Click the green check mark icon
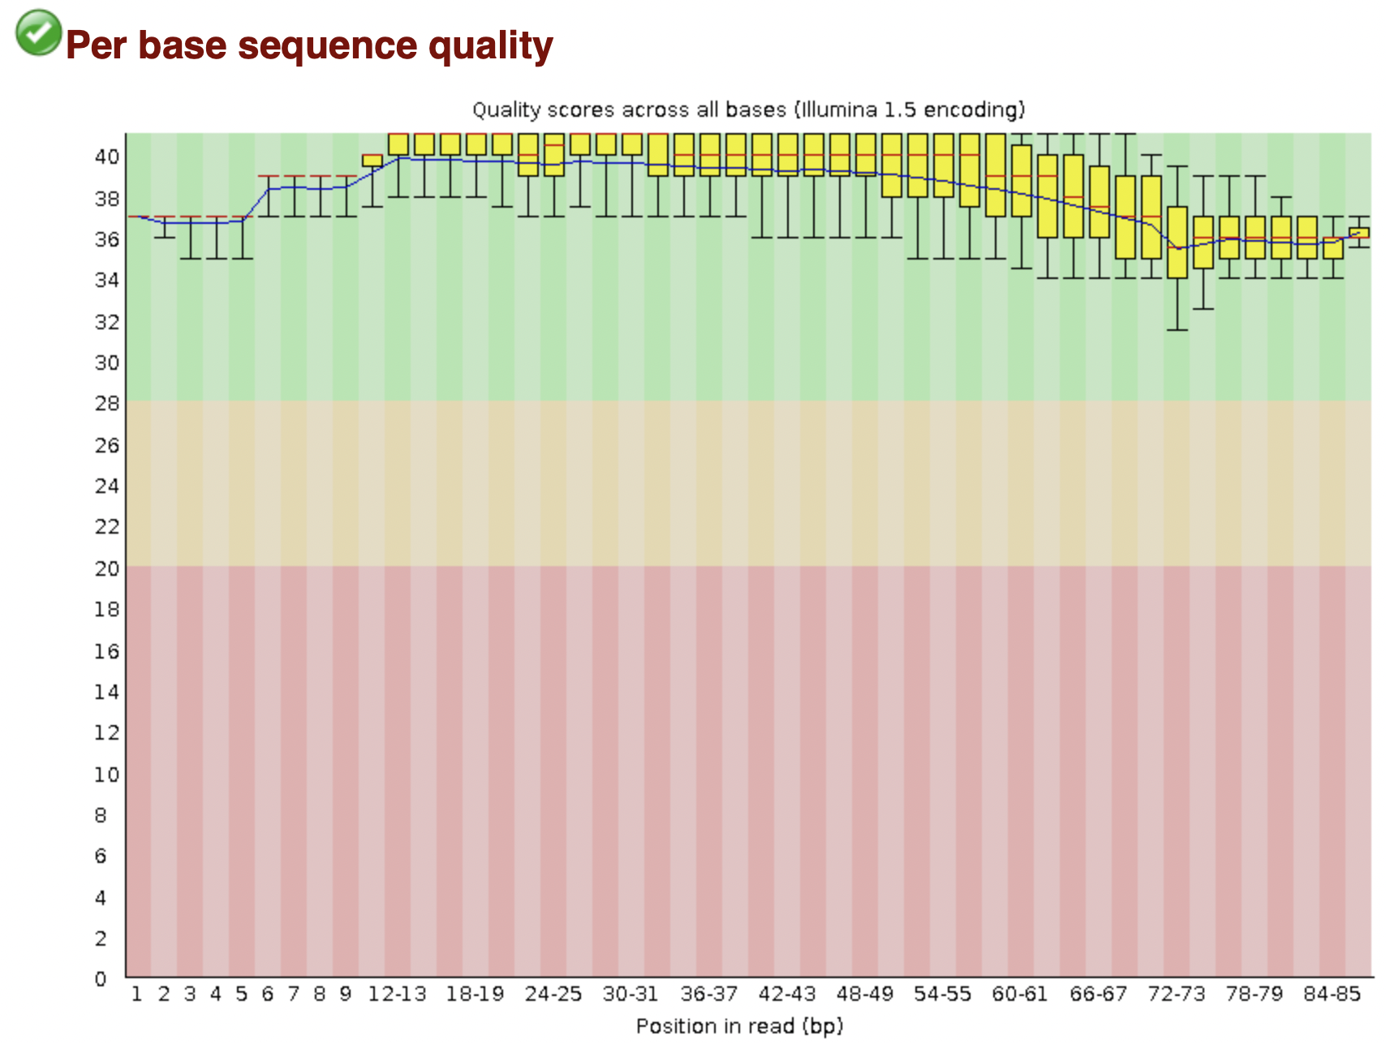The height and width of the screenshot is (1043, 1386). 38,32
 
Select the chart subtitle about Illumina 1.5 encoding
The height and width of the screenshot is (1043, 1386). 748,109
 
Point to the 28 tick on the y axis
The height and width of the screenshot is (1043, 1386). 107,404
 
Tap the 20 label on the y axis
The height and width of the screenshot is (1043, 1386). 107,569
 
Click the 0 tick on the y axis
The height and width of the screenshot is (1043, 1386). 101,979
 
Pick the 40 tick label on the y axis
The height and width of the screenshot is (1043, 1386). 107,157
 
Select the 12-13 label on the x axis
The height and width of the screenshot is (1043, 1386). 397,994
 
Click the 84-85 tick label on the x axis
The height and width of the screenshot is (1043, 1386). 1332,994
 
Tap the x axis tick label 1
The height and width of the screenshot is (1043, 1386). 137,994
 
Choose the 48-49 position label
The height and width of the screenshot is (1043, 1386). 864,994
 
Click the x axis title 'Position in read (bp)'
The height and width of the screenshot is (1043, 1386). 740,1027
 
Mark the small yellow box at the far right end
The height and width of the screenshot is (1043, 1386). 1359,233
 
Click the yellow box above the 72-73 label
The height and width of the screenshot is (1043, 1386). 1177,243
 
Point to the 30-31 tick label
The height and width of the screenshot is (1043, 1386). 631,994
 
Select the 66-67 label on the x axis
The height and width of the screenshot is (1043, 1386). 1098,994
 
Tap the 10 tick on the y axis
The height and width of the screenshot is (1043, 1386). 107,775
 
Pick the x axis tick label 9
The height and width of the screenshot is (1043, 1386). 345,994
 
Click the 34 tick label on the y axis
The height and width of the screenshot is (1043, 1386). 107,280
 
